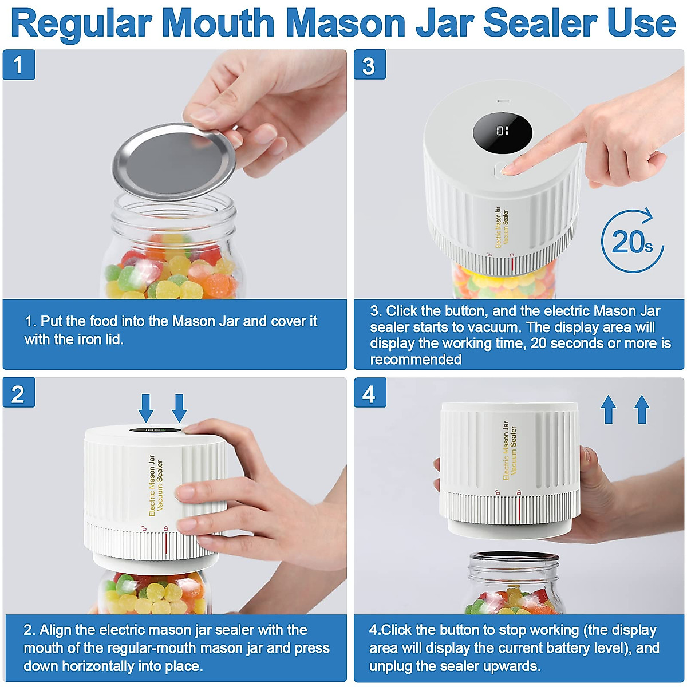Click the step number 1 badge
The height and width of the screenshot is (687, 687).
(18, 65)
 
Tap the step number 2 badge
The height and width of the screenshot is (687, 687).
(18, 393)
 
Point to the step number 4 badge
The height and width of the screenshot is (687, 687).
(369, 393)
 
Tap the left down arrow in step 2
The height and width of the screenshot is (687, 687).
(147, 408)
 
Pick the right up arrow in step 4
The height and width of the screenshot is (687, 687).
(642, 409)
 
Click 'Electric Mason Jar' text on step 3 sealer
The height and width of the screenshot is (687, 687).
(498, 227)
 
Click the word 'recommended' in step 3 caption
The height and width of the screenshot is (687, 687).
(416, 360)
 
